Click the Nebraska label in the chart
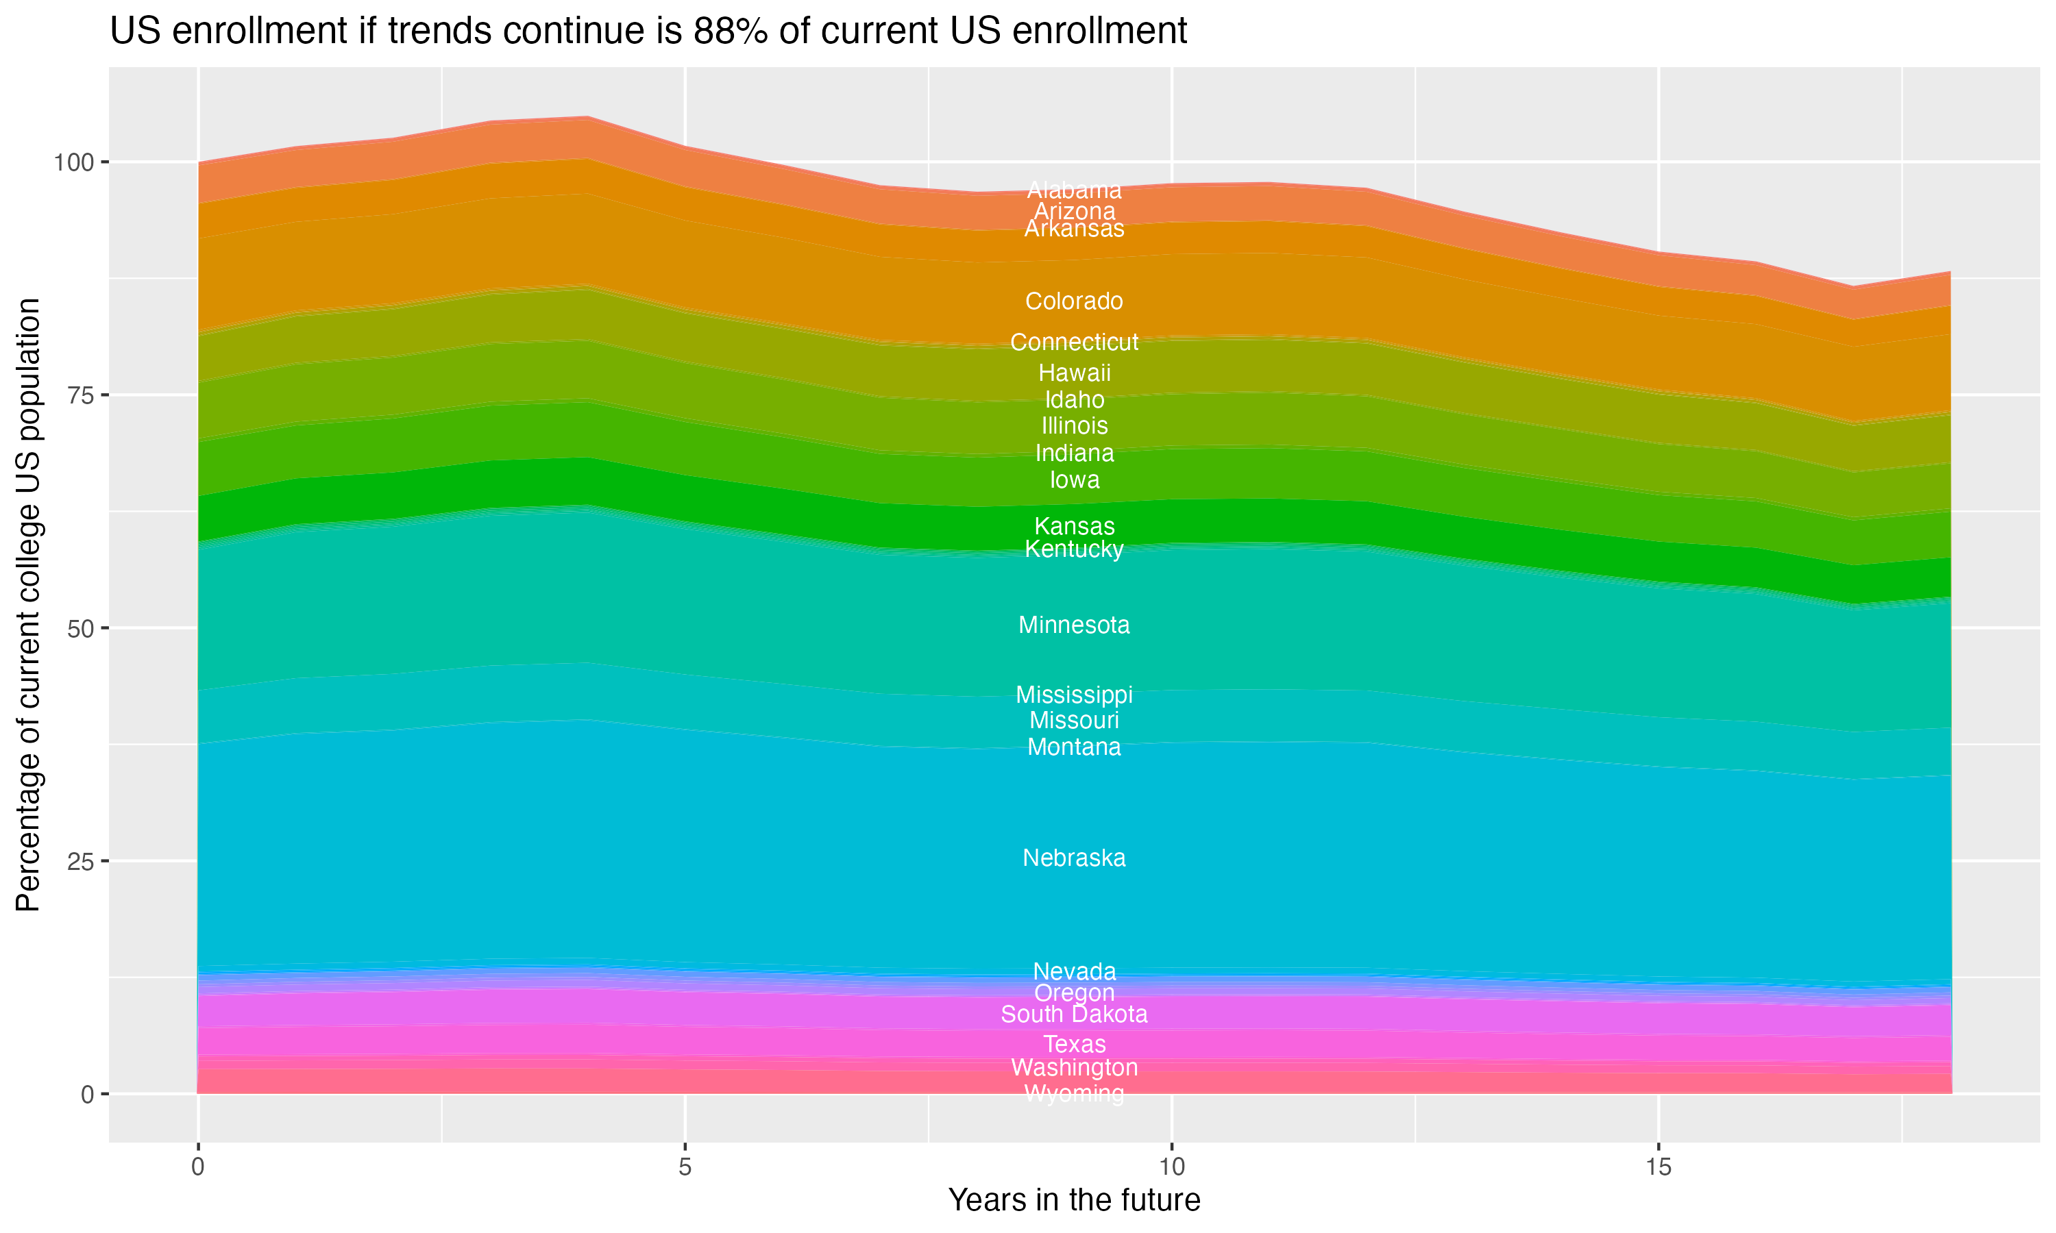pyautogui.click(x=1074, y=858)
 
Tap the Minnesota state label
pyautogui.click(x=1074, y=625)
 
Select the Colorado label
pyautogui.click(x=1074, y=301)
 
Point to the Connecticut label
pyautogui.click(x=1074, y=342)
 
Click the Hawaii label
pyautogui.click(x=1074, y=373)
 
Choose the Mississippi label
pyautogui.click(x=1074, y=694)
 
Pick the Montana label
pyautogui.click(x=1074, y=747)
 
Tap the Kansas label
pyautogui.click(x=1074, y=526)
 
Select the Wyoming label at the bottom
pyautogui.click(x=1074, y=1093)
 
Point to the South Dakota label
pyautogui.click(x=1074, y=1014)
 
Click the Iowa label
pyautogui.click(x=1074, y=480)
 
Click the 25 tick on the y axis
pyautogui.click(x=78, y=861)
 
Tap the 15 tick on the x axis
pyautogui.click(x=1658, y=1167)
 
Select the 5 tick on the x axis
pyautogui.click(x=685, y=1167)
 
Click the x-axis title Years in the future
pyautogui.click(x=1074, y=1199)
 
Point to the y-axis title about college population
pyautogui.click(x=28, y=605)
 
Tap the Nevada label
pyautogui.click(x=1074, y=971)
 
